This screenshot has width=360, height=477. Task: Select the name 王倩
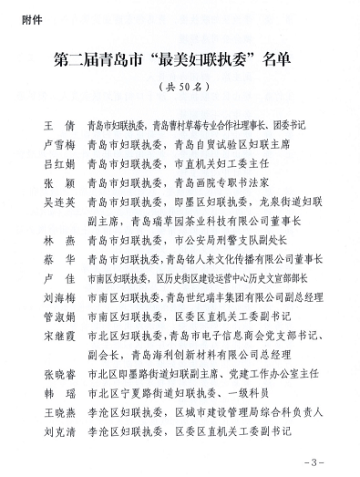(x=56, y=121)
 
